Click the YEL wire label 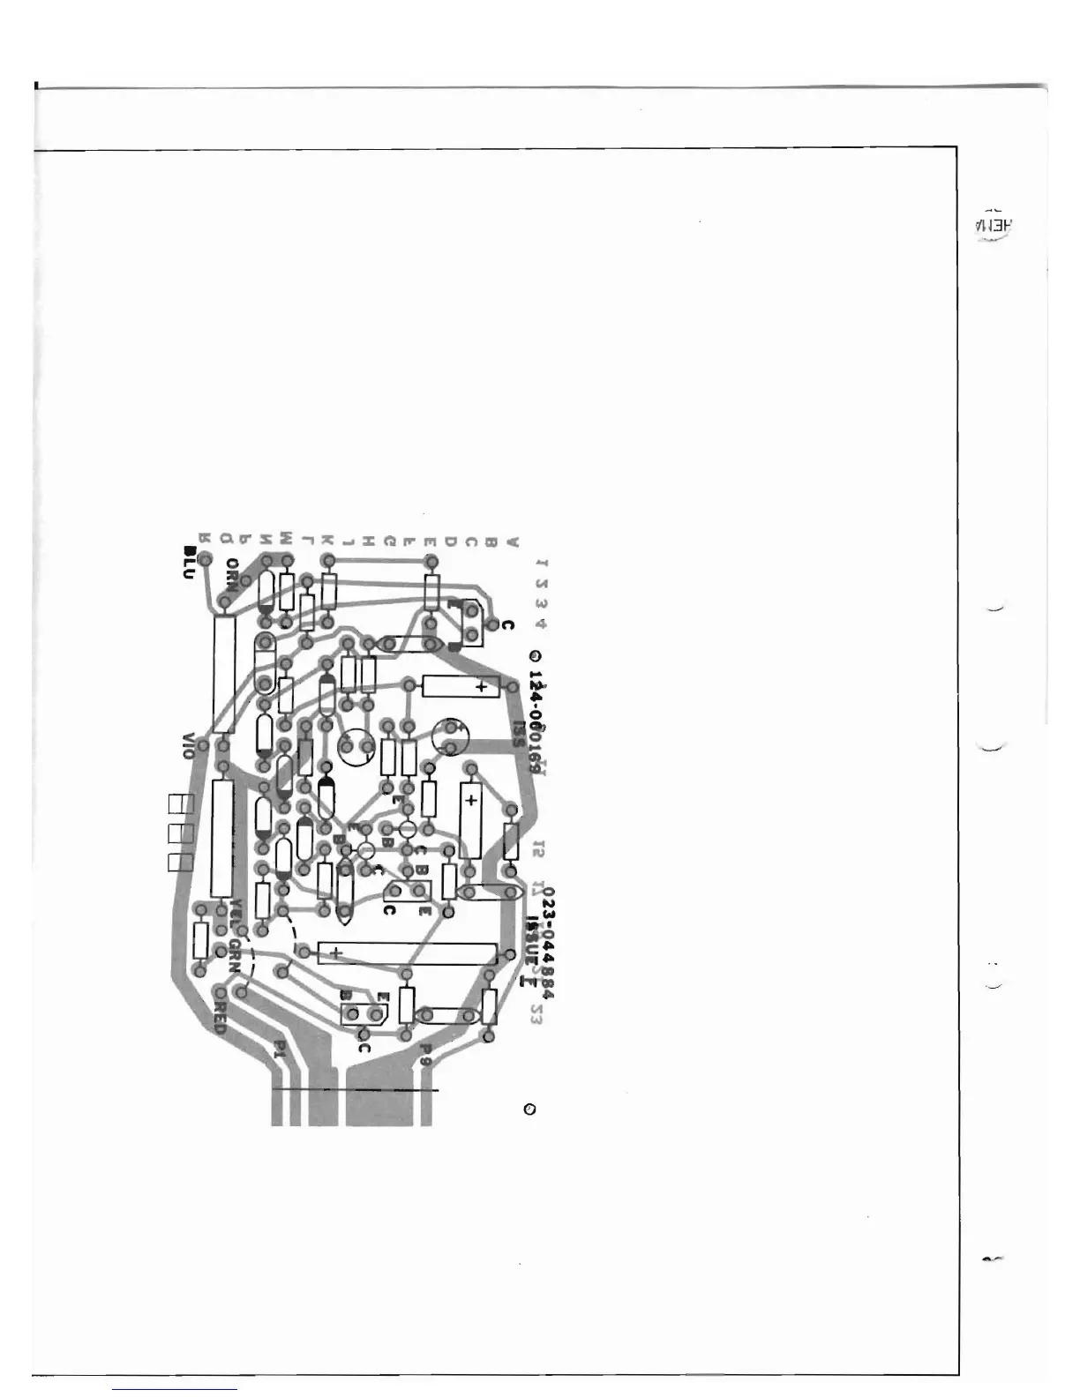pyautogui.click(x=236, y=912)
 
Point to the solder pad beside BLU pyautogui.click(x=205, y=557)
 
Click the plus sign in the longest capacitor pyautogui.click(x=335, y=952)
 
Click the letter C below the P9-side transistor pyautogui.click(x=364, y=1049)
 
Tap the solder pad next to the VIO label pyautogui.click(x=203, y=746)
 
